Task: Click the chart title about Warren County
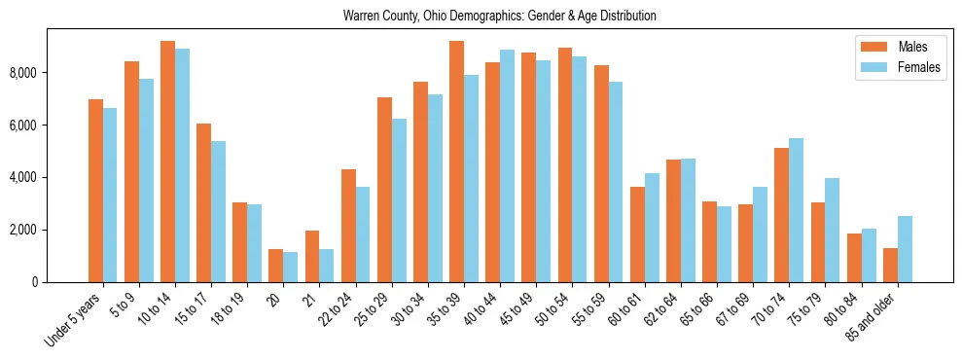point(500,17)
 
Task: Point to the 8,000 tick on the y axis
point(20,73)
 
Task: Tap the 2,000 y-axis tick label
point(20,230)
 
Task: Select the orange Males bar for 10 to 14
point(167,162)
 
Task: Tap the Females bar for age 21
point(326,266)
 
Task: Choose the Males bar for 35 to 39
point(456,162)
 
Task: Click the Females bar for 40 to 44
point(507,166)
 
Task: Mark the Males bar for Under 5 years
point(95,191)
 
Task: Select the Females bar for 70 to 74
point(797,210)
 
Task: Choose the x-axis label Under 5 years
point(73,321)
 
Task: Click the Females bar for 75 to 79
point(833,231)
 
